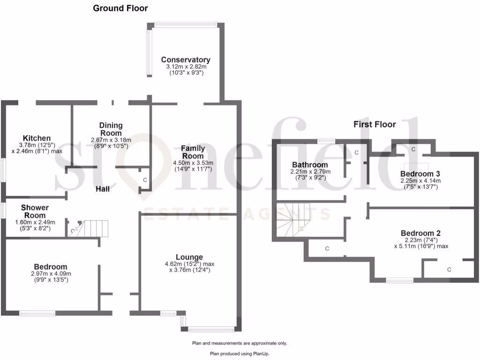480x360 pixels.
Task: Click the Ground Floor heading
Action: pos(120,8)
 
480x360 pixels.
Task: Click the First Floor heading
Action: pos(375,124)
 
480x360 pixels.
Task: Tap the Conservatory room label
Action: pos(186,60)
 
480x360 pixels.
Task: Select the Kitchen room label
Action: pos(37,138)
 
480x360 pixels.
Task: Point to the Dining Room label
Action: pos(111,129)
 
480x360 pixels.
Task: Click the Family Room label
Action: pos(193,152)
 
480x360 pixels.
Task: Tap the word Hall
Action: pos(103,189)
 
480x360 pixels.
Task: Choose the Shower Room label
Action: pos(35,211)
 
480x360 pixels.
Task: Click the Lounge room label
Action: pos(189,257)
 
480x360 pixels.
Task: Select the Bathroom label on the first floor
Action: pos(310,165)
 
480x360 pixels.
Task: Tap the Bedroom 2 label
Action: pos(420,233)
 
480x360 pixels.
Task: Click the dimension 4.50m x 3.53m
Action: pos(193,163)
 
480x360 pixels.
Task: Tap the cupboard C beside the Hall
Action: pos(144,180)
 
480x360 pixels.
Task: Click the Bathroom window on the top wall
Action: pos(325,140)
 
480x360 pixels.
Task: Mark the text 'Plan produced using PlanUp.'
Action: pos(240,354)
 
